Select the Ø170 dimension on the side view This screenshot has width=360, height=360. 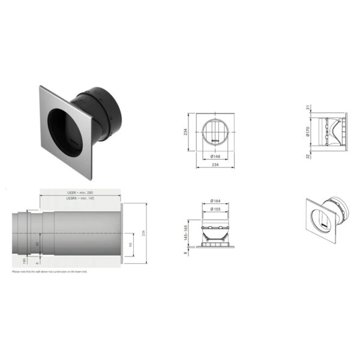click(x=308, y=132)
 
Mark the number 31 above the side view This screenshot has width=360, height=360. click(x=308, y=108)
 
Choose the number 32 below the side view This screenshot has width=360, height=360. click(x=308, y=157)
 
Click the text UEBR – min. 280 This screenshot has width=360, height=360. click(x=80, y=193)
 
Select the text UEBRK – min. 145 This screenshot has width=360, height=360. click(x=80, y=199)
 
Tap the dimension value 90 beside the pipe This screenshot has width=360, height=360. click(x=131, y=245)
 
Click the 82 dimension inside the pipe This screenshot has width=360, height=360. click(x=37, y=242)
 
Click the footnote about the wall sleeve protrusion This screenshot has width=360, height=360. click(x=51, y=272)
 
